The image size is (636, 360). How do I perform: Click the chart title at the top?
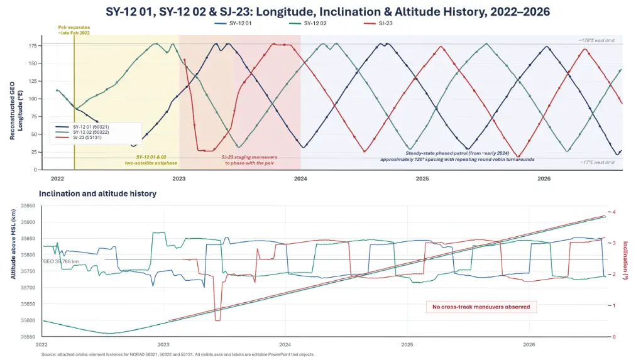pos(327,11)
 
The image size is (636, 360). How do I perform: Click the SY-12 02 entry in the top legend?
pos(308,23)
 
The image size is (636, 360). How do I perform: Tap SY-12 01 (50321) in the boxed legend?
pos(91,127)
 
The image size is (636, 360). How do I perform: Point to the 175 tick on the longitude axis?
pos(33,46)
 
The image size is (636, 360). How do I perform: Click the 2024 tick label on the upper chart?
pos(300,178)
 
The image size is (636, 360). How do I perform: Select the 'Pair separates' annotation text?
pos(74,30)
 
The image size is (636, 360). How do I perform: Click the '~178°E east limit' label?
pos(596,41)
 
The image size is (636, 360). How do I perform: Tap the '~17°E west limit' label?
pos(598,163)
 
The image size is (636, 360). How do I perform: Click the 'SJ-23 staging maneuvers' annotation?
pos(249,160)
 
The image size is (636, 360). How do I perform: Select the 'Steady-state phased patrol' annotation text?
pos(457,156)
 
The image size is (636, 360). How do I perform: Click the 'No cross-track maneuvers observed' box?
pos(481,307)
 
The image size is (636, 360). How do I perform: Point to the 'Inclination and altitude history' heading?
pos(98,194)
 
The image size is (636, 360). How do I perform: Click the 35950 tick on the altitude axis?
pos(28,206)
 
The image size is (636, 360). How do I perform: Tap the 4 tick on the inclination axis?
pos(614,212)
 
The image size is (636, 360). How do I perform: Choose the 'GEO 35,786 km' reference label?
pos(61,261)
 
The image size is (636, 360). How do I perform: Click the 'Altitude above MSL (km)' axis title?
pos(13,243)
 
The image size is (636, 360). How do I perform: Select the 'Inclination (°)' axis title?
pos(625,260)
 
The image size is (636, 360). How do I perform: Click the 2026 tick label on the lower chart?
pos(529,344)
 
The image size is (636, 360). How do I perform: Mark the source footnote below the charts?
pos(178,354)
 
